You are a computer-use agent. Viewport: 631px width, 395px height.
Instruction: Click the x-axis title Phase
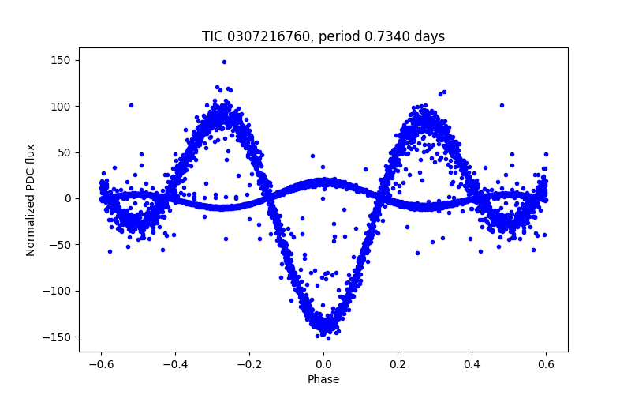tap(323, 379)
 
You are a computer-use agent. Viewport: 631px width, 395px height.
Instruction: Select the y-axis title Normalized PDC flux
tap(31, 200)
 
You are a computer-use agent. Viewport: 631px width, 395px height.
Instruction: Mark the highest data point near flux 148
tap(224, 62)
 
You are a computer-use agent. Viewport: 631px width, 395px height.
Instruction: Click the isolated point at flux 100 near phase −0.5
tap(131, 105)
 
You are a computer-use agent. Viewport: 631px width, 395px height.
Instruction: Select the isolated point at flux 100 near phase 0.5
tap(501, 105)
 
